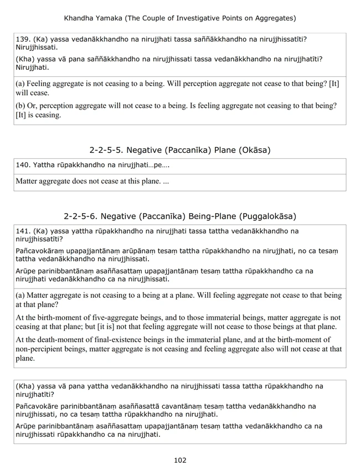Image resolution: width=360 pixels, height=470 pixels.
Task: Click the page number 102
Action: pos(180,460)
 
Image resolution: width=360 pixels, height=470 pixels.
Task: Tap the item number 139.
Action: pos(23,39)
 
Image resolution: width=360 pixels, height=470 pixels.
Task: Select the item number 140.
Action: pos(23,165)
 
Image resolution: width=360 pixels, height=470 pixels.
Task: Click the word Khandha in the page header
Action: pos(81,18)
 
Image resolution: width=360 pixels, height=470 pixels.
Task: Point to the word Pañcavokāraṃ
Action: pos(43,251)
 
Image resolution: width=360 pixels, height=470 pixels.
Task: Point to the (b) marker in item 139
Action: pos(21,106)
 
